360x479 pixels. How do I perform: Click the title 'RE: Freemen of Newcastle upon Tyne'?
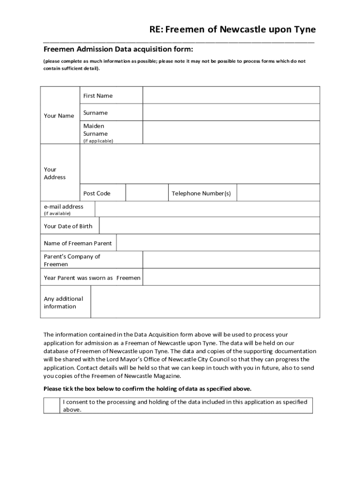(x=232, y=30)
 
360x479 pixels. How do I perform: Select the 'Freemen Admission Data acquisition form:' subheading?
(x=118, y=50)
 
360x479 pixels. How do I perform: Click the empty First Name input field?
(x=231, y=95)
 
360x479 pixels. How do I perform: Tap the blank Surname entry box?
(x=231, y=112)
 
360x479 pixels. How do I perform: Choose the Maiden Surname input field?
(x=231, y=132)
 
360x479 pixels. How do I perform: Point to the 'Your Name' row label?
(x=59, y=116)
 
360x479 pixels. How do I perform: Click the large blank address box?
(x=200, y=164)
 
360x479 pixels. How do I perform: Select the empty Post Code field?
(x=147, y=193)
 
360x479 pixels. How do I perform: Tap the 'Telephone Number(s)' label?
(x=201, y=193)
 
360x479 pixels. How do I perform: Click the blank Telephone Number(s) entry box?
(x=278, y=193)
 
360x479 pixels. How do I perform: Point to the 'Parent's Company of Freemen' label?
(x=72, y=260)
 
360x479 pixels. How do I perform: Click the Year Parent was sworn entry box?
(x=231, y=277)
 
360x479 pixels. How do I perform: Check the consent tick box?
(x=52, y=406)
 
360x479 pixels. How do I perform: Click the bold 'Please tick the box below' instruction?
(x=147, y=389)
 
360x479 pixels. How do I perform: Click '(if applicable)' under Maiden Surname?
(x=98, y=140)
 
